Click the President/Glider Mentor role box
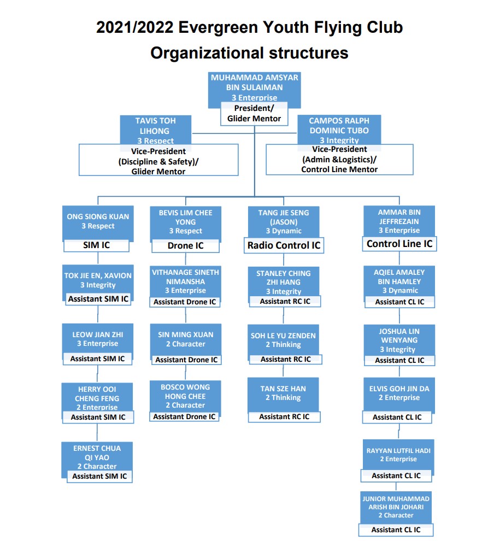click(x=254, y=114)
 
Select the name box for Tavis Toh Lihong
click(x=155, y=131)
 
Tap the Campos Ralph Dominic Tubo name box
click(x=339, y=130)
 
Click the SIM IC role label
click(x=96, y=245)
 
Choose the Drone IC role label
click(x=186, y=246)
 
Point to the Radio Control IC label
click(x=284, y=245)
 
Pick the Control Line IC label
click(x=399, y=244)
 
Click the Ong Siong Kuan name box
click(x=98, y=222)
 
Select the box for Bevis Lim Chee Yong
click(x=186, y=223)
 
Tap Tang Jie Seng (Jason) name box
click(x=284, y=222)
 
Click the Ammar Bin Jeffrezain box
click(x=399, y=221)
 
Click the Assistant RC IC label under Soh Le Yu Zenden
click(x=286, y=359)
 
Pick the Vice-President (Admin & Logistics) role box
click(x=339, y=160)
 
